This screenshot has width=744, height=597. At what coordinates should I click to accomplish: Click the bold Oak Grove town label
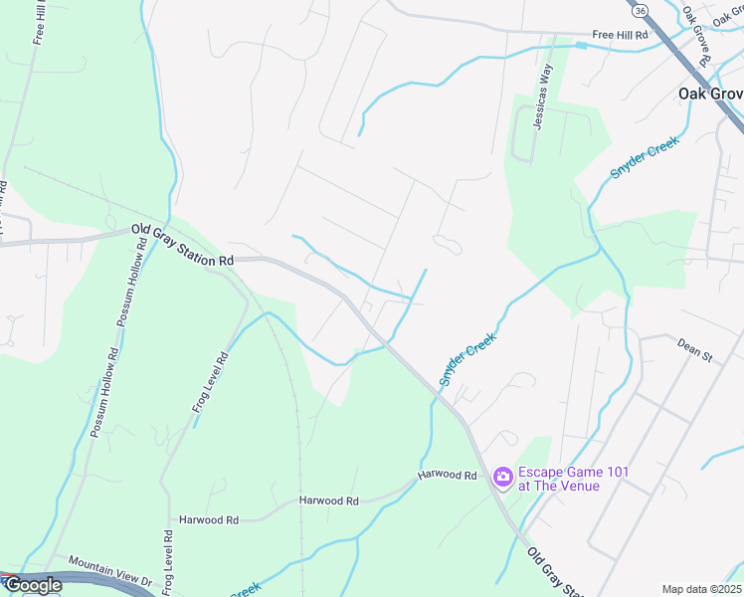(x=710, y=94)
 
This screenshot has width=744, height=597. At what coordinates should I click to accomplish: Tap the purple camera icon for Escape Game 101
(x=502, y=479)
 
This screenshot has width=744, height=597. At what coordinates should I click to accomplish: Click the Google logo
(x=33, y=585)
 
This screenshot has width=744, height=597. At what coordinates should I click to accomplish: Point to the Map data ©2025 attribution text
(x=701, y=589)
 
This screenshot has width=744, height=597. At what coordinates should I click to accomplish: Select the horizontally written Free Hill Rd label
(x=620, y=35)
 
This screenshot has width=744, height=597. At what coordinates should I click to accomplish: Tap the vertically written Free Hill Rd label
(x=41, y=21)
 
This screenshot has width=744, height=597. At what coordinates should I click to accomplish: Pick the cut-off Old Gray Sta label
(x=552, y=575)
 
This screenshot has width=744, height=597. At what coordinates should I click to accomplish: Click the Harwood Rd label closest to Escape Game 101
(x=448, y=476)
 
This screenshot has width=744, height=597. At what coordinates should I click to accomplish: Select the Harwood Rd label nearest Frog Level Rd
(x=209, y=519)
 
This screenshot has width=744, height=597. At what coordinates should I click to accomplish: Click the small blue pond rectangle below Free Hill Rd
(x=580, y=45)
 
